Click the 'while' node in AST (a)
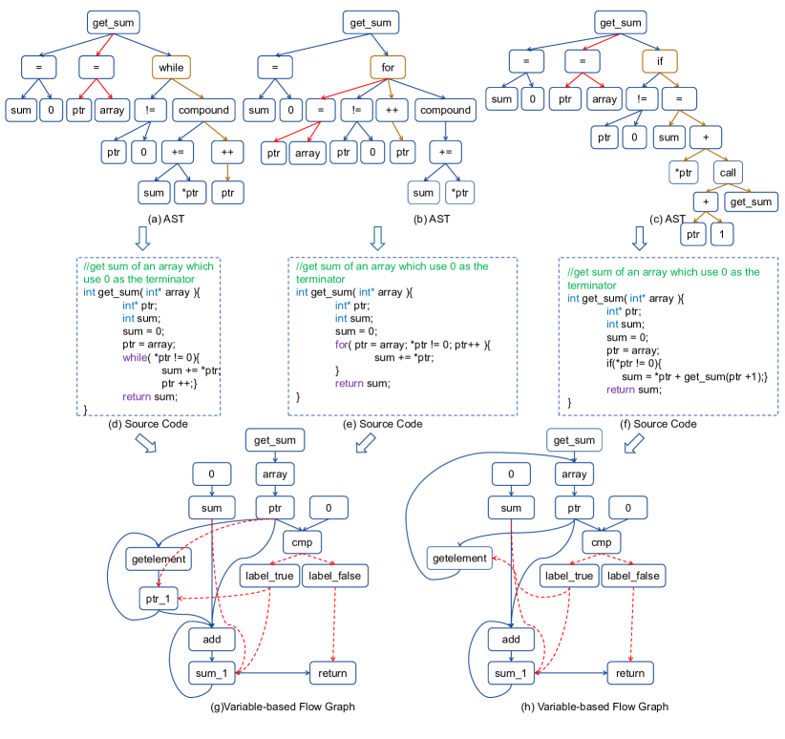click(x=171, y=67)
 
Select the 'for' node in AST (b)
click(x=388, y=67)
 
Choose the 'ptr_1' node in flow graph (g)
click(x=157, y=599)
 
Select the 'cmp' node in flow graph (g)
click(x=296, y=542)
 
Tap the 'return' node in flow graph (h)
click(x=630, y=673)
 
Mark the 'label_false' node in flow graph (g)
click(x=334, y=576)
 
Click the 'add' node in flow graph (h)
click(x=511, y=639)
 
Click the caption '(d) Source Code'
click(x=149, y=424)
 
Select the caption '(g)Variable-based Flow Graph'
click(x=275, y=707)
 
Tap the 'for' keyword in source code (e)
click(x=341, y=344)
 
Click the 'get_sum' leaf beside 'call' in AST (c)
click(x=752, y=201)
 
